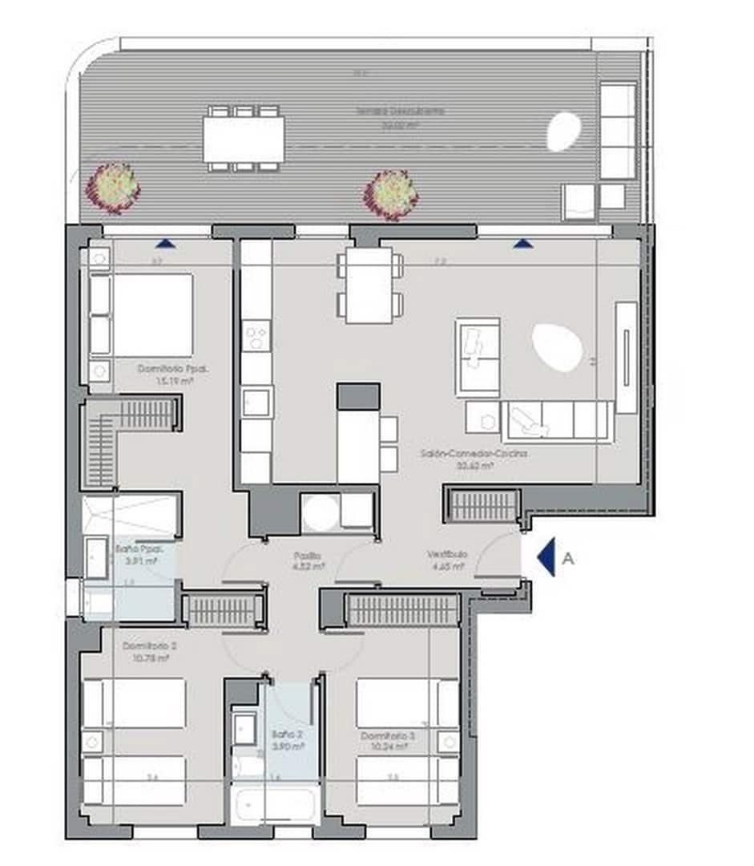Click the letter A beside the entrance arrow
[x=568, y=559]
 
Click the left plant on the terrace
[x=114, y=187]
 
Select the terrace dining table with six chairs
[x=244, y=139]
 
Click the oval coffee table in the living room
[x=558, y=347]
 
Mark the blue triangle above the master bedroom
[x=165, y=242]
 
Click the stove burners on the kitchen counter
[x=256, y=338]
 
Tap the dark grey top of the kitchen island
[x=358, y=396]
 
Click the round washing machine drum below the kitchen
[x=320, y=512]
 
